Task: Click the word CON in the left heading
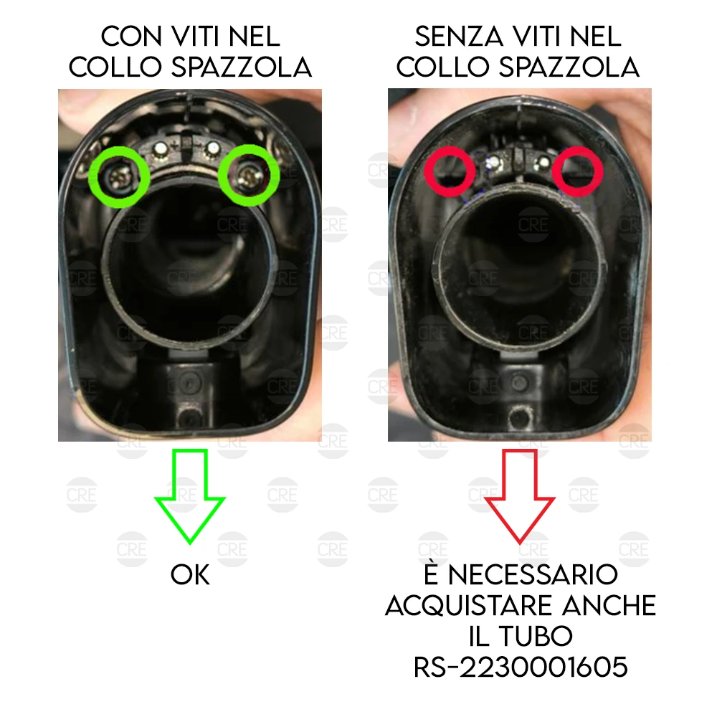[x=132, y=37]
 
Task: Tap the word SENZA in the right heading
[x=459, y=37]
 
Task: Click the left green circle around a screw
[x=119, y=177]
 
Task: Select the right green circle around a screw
[x=249, y=176]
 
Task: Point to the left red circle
[x=450, y=171]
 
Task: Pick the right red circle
[x=578, y=171]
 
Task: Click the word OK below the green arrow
[x=190, y=575]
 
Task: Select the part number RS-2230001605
[x=521, y=667]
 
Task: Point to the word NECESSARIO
[x=533, y=575]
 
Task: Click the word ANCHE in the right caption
[x=609, y=605]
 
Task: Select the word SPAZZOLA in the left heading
[x=242, y=67]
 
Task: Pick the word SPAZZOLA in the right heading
[x=569, y=67]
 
